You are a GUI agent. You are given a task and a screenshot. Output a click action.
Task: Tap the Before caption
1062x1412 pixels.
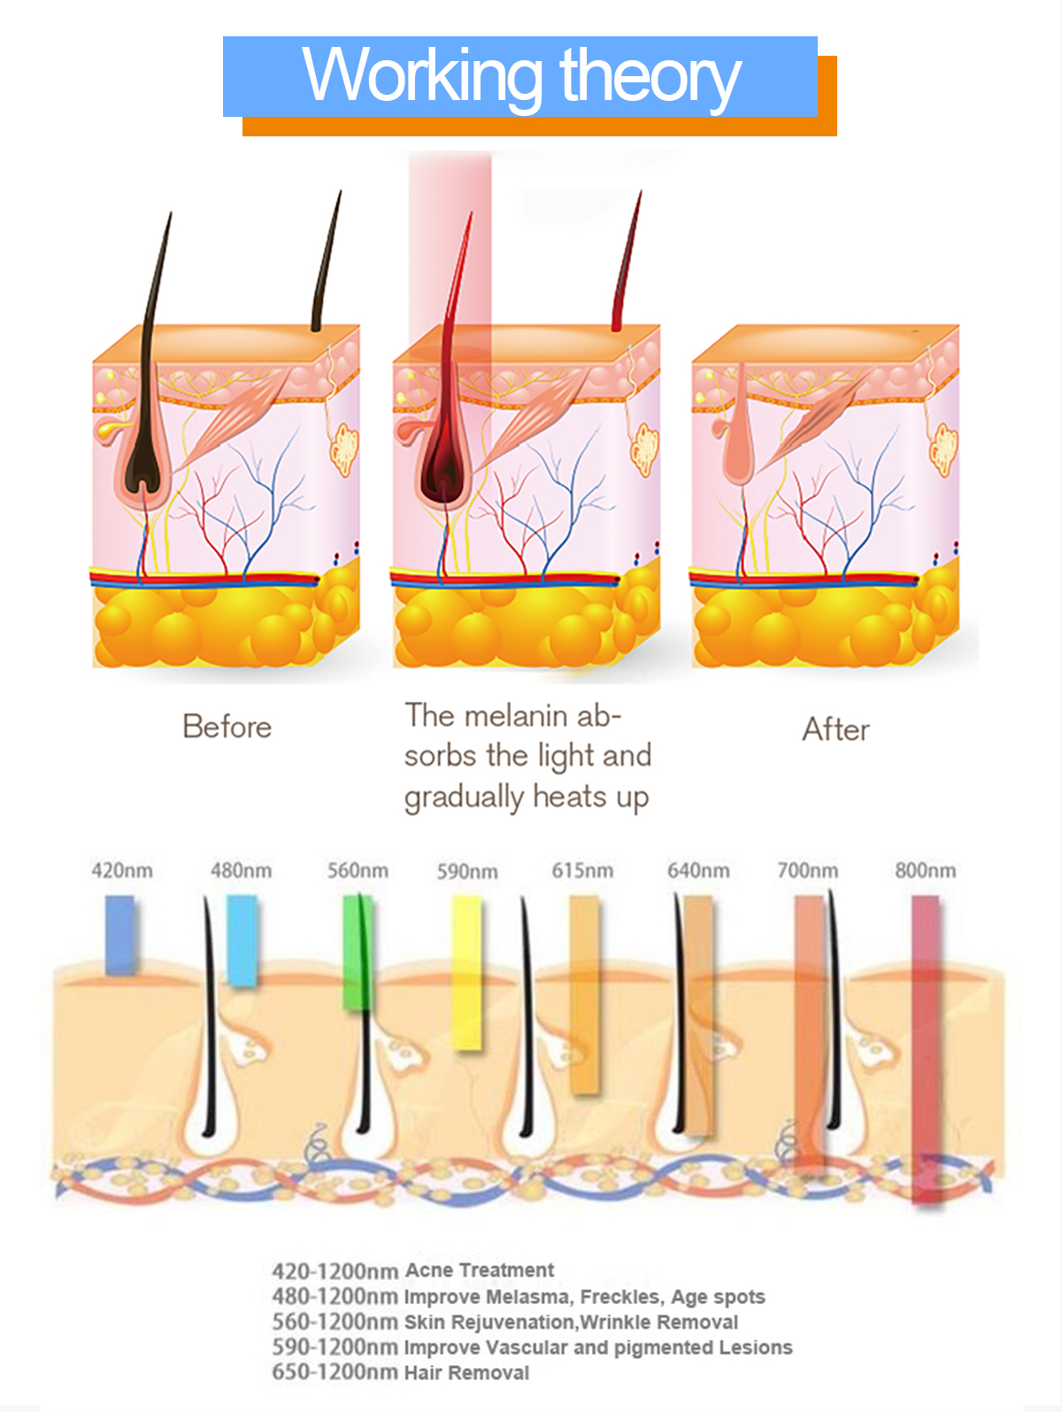pyautogui.click(x=227, y=727)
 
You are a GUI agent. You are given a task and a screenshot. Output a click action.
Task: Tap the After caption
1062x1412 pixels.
pyautogui.click(x=835, y=729)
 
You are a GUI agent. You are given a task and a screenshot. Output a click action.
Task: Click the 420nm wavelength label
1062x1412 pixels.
pyautogui.click(x=122, y=871)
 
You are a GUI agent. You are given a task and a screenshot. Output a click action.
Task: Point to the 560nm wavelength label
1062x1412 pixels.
pyautogui.click(x=358, y=871)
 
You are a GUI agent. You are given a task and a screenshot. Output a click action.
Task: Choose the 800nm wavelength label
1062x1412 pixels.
pyautogui.click(x=925, y=871)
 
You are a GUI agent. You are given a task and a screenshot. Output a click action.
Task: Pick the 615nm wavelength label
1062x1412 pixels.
pyautogui.click(x=582, y=871)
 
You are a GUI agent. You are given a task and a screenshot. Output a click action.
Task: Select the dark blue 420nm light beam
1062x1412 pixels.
pyautogui.click(x=119, y=935)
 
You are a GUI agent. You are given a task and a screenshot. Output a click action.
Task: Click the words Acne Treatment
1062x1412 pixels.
pyautogui.click(x=479, y=1270)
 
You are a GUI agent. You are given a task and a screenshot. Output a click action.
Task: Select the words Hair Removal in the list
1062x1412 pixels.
pyautogui.click(x=466, y=1373)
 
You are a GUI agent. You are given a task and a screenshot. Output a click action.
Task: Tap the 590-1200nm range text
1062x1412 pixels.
pyautogui.click(x=335, y=1347)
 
